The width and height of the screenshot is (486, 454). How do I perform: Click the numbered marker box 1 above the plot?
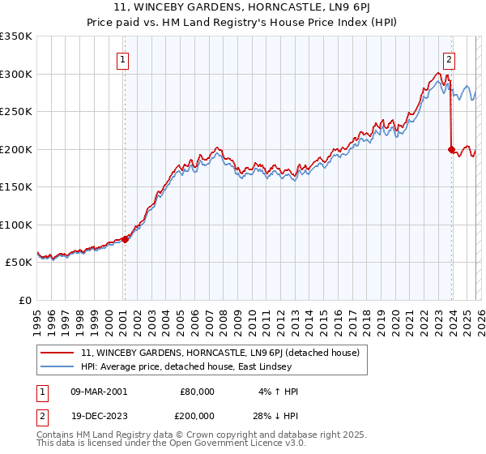tap(122, 58)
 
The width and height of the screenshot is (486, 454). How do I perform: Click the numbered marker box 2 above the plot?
tap(449, 58)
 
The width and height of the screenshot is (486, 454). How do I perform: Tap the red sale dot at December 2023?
tap(451, 149)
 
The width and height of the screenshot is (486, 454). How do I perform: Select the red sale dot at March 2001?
tap(125, 239)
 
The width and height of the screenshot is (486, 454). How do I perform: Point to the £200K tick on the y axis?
tap(15, 149)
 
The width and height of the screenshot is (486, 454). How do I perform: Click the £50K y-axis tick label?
tap(19, 263)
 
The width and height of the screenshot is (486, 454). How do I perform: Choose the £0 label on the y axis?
tap(26, 300)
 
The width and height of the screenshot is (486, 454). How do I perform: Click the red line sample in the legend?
tap(58, 353)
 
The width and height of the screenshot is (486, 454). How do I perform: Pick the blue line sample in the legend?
tap(58, 366)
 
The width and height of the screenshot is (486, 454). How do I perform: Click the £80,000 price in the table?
tap(197, 392)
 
